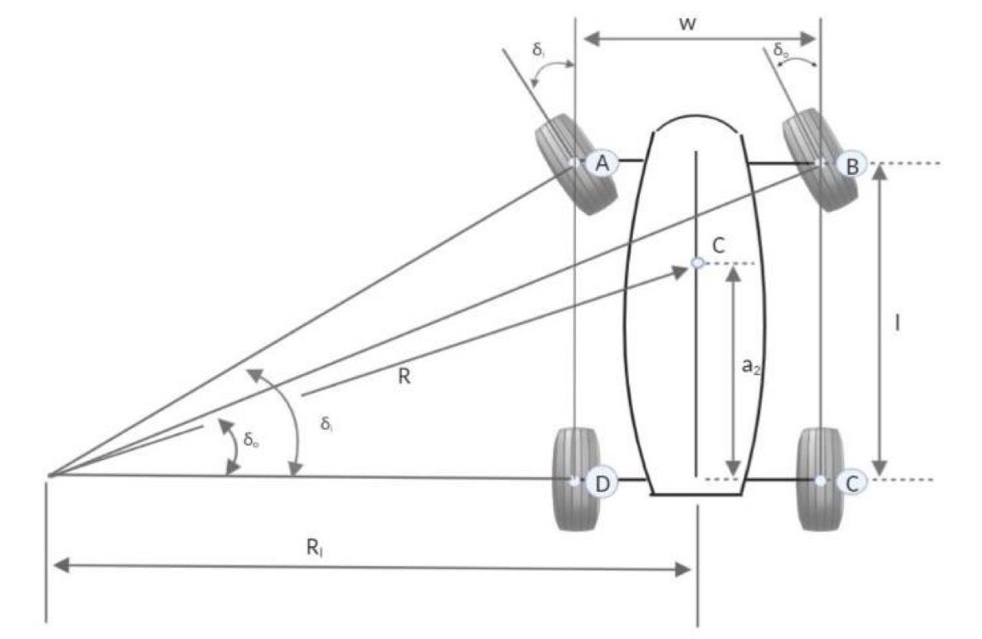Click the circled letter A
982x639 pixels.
pyautogui.click(x=602, y=163)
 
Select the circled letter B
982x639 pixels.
pyautogui.click(x=851, y=164)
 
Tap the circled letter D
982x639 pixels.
pyautogui.click(x=602, y=483)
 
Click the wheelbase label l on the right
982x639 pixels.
pyautogui.click(x=897, y=323)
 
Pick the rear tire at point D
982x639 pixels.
pyautogui.click(x=575, y=480)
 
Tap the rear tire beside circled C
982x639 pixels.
pyautogui.click(x=820, y=479)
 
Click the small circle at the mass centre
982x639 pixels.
pyautogui.click(x=697, y=263)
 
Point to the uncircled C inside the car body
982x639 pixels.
pyautogui.click(x=718, y=245)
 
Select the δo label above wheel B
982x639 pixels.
pyautogui.click(x=780, y=51)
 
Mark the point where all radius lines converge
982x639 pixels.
pyautogui.click(x=49, y=476)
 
